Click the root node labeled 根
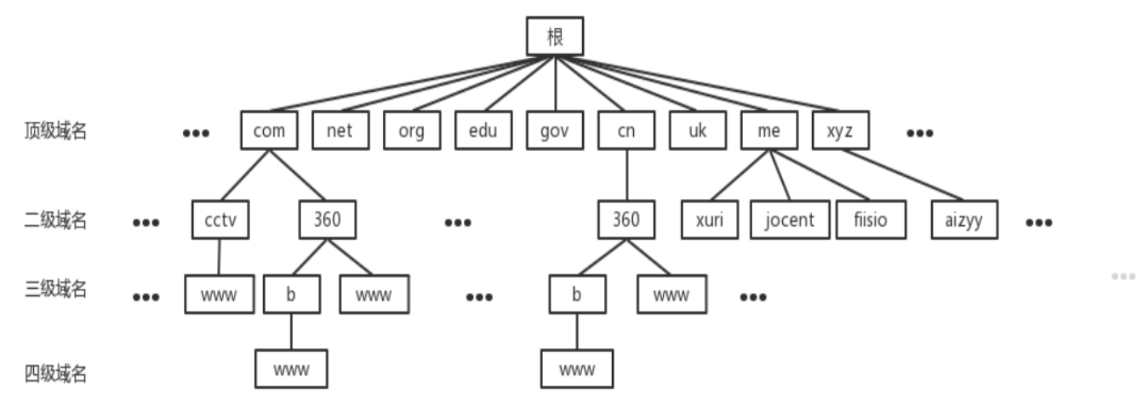(554, 37)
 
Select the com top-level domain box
(269, 130)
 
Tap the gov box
(554, 130)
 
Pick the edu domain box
(483, 130)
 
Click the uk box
(697, 130)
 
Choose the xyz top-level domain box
(839, 130)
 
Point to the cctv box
(220, 221)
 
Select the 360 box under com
(327, 221)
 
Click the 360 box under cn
(625, 221)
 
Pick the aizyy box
(963, 221)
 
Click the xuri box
(709, 221)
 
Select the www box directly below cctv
(219, 295)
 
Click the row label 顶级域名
(55, 132)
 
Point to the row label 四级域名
(55, 374)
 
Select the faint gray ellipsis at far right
(1122, 277)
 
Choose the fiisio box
(870, 221)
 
